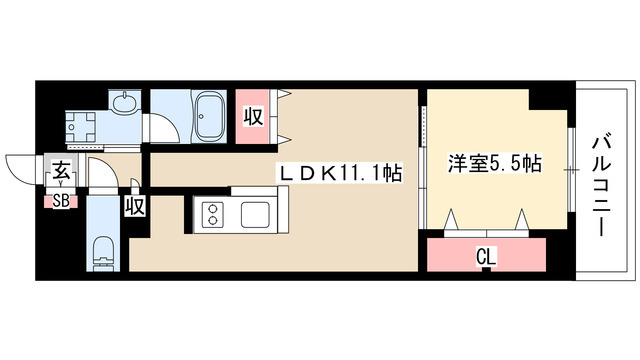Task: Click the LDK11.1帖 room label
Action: (x=340, y=174)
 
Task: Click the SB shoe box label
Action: (x=61, y=200)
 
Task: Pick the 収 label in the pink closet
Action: (x=252, y=116)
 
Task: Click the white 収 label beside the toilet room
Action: (x=135, y=207)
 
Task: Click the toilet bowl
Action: (x=103, y=251)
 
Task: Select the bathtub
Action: (x=209, y=116)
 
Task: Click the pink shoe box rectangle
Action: (x=61, y=200)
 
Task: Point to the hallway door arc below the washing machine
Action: (x=100, y=172)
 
